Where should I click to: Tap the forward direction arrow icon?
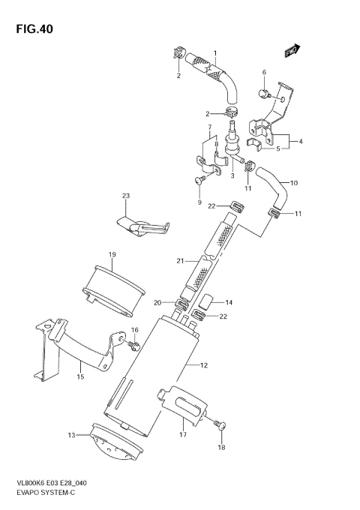click(x=292, y=50)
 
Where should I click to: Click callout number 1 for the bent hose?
click(x=214, y=52)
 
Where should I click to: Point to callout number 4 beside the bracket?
click(x=300, y=141)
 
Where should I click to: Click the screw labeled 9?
click(x=200, y=181)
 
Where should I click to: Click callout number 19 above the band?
click(x=111, y=255)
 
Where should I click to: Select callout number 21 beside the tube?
click(x=180, y=260)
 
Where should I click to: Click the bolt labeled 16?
click(x=133, y=345)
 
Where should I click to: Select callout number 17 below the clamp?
click(x=182, y=434)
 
